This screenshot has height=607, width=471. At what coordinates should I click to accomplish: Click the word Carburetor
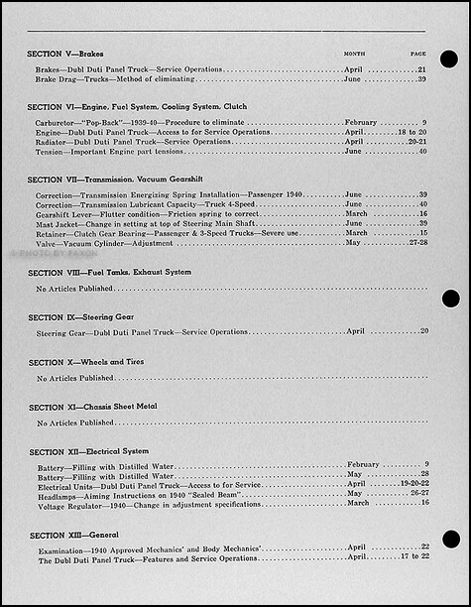[x=55, y=122]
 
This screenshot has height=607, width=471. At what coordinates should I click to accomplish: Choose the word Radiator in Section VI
[x=53, y=142]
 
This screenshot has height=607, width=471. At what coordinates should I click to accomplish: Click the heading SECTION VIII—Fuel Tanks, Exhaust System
[x=110, y=272]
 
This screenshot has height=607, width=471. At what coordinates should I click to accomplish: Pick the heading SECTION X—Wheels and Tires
[x=86, y=362]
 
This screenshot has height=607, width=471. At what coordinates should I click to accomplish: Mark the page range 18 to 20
[x=412, y=132]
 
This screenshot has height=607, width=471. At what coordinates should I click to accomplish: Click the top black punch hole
[x=449, y=61]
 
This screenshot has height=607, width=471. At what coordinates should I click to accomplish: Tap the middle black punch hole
[x=449, y=299]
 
